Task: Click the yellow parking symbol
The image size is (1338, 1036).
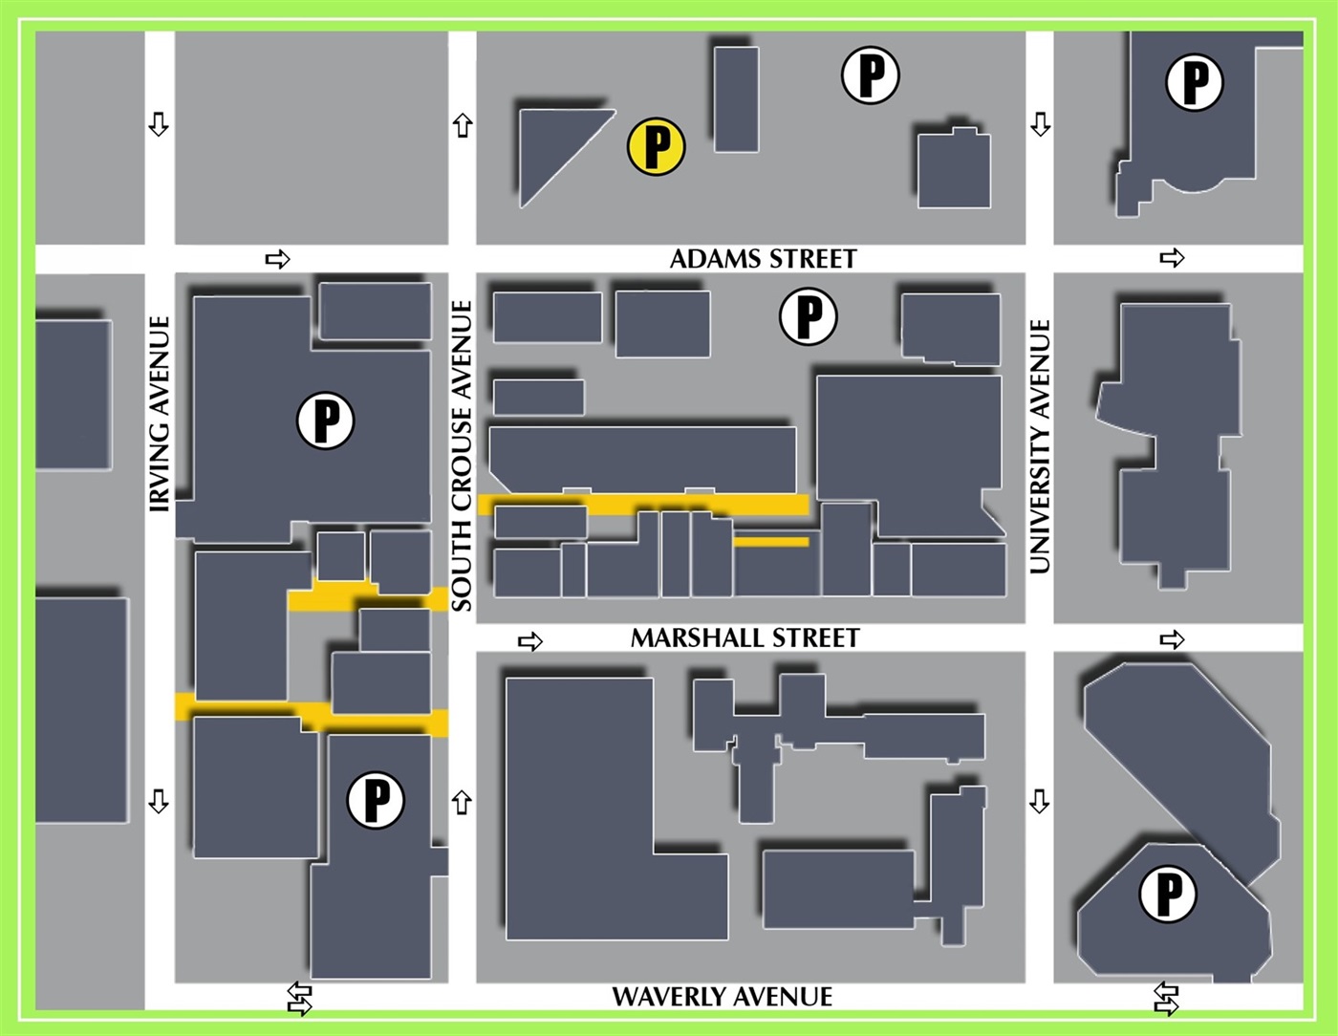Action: (656, 146)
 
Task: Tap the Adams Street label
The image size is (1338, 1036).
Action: (763, 259)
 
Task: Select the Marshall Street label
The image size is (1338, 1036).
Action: (745, 638)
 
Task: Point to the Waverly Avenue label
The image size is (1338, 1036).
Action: (722, 997)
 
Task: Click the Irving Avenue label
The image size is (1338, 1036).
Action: (160, 414)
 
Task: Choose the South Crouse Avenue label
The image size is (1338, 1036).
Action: (462, 456)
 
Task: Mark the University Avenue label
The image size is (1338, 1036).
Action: (1040, 445)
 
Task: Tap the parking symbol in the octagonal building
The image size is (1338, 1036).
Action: (1168, 894)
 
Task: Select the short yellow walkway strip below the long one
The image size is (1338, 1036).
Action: (770, 542)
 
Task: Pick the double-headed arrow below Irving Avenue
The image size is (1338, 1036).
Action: (299, 999)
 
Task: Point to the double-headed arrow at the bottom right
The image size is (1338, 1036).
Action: (1166, 999)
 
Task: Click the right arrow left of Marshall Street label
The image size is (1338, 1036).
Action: (529, 641)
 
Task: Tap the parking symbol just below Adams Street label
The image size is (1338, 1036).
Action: (809, 316)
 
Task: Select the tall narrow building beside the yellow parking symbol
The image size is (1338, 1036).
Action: (736, 99)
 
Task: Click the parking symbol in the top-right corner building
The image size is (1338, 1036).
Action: (1195, 81)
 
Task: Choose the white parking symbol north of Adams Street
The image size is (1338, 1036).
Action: (870, 74)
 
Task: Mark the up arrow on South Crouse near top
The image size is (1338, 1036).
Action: (463, 125)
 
